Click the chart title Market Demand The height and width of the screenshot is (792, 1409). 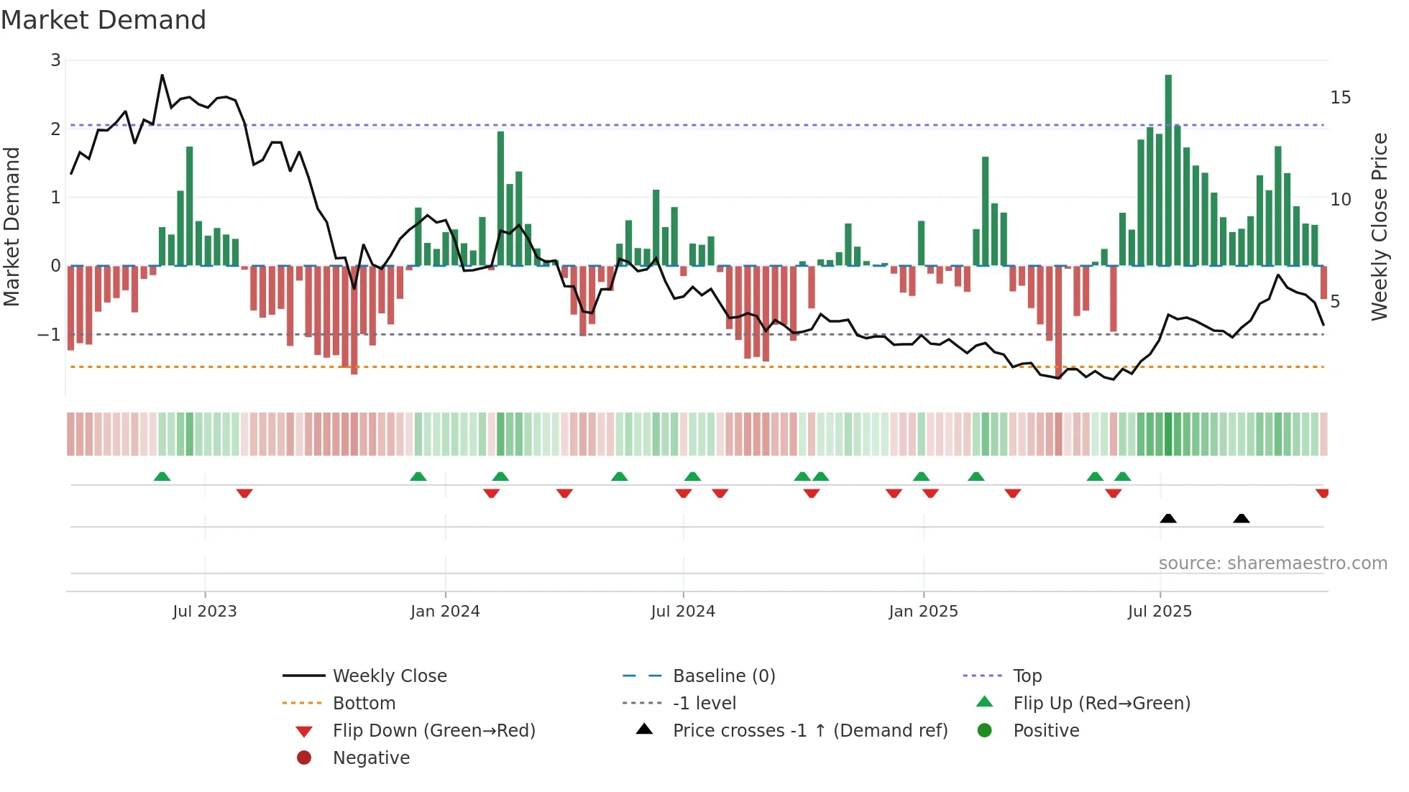tap(104, 20)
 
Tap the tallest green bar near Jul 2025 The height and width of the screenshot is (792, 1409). tap(1168, 170)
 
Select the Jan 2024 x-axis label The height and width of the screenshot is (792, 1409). tap(445, 612)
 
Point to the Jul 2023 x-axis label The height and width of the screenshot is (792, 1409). tap(205, 612)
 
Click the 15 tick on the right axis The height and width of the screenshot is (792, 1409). tap(1341, 98)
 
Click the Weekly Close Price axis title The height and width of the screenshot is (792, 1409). tap(1379, 226)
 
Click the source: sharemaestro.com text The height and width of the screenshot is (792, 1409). tap(1272, 563)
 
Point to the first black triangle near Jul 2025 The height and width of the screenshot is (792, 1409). tap(1168, 518)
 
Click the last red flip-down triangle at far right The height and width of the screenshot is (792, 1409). tap(1322, 493)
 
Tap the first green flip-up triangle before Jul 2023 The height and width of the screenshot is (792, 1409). tap(162, 476)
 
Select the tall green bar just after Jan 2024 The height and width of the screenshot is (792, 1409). tap(500, 198)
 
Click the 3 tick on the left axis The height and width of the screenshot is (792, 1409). tap(55, 60)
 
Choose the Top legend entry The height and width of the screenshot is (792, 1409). tap(1027, 676)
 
